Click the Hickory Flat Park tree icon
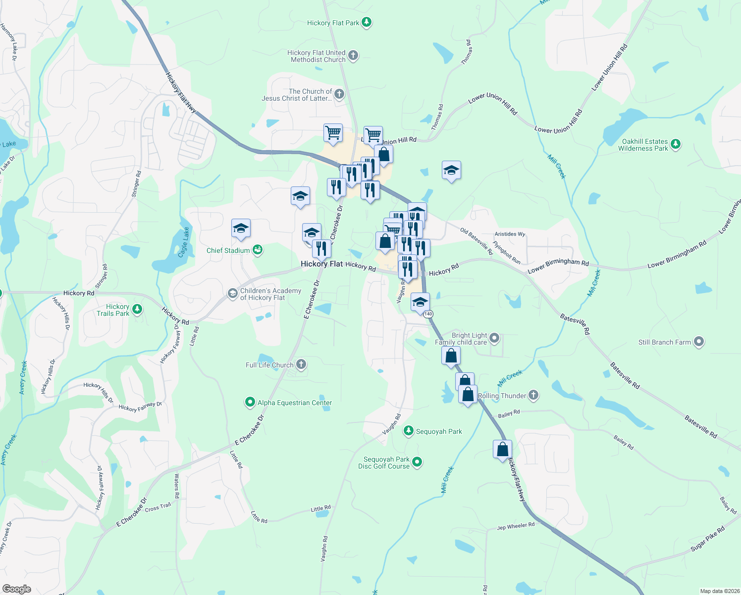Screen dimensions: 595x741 click(x=366, y=22)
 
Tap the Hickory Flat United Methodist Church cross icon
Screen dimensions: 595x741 click(x=353, y=56)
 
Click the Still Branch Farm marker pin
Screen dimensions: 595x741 click(x=698, y=342)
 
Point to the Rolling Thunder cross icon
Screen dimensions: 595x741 click(x=533, y=395)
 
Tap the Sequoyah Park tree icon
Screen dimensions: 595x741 click(x=408, y=431)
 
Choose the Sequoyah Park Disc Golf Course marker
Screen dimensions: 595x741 click(x=417, y=462)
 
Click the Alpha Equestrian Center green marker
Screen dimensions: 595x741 click(x=250, y=402)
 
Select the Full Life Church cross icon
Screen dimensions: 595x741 click(x=301, y=365)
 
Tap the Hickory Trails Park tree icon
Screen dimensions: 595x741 click(x=137, y=309)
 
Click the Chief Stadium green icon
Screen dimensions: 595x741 click(x=258, y=250)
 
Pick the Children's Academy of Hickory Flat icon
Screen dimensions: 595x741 click(x=232, y=294)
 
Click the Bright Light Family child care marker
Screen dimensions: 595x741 click(x=494, y=339)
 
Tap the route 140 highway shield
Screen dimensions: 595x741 click(x=428, y=314)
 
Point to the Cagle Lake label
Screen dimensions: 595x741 click(x=184, y=242)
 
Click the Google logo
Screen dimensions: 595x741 click(x=17, y=589)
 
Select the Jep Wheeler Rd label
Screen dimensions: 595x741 click(x=516, y=526)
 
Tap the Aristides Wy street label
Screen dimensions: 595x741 click(x=510, y=234)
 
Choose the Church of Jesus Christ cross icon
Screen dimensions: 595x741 click(x=339, y=94)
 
